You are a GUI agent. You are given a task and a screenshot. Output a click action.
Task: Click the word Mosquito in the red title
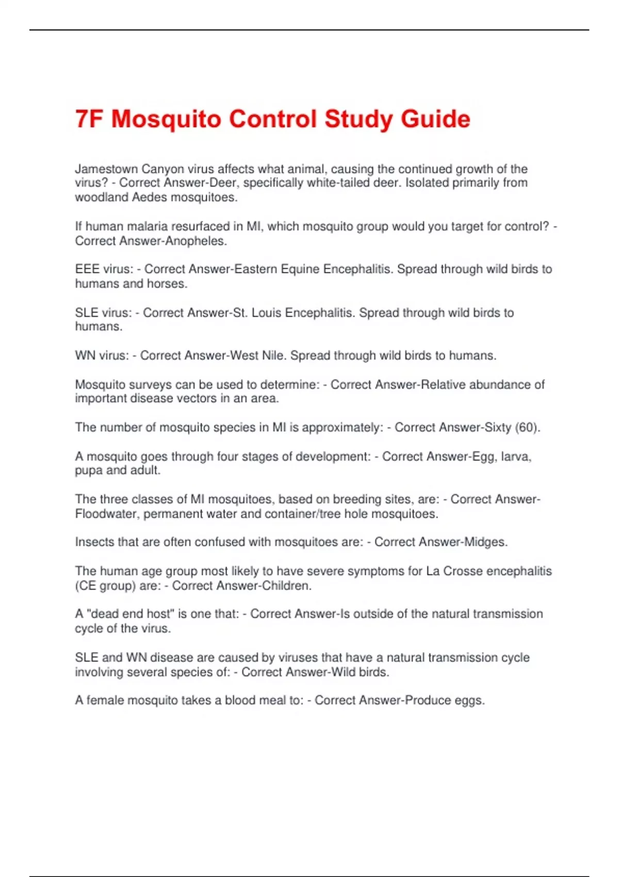coord(166,119)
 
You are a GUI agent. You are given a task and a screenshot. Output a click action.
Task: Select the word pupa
coord(89,470)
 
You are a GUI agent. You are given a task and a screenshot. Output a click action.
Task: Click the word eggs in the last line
coord(469,701)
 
